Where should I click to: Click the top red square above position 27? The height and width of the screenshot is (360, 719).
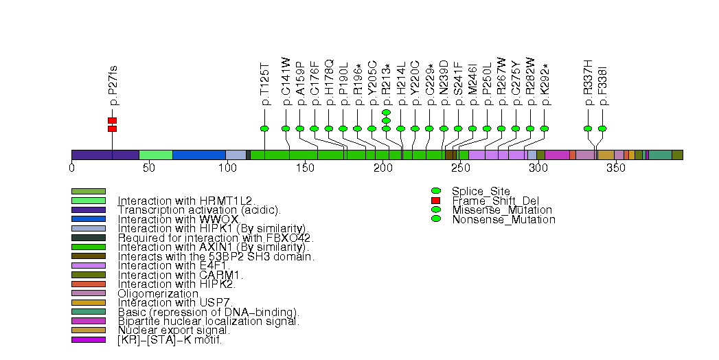112,120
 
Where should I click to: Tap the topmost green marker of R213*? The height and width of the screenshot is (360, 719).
386,112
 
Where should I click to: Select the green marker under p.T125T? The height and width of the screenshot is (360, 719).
265,128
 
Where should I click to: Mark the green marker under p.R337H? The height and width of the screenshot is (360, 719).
588,128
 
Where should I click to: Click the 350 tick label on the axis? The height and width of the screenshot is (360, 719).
615,168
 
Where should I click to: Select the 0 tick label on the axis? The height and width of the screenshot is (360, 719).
71,168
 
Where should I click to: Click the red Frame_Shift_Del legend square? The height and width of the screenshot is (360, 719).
435,200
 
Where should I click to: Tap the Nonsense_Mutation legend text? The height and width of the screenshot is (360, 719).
503,220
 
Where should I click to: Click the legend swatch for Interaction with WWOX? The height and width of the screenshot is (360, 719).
88,219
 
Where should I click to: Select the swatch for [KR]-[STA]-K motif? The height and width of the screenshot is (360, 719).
88,339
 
